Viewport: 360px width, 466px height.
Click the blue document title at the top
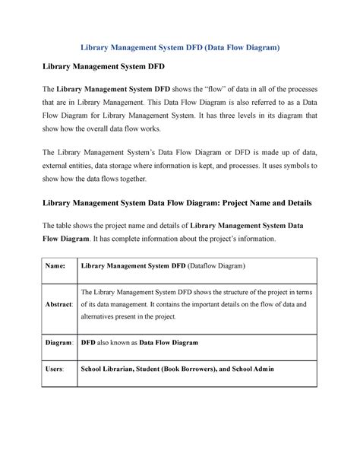click(180, 46)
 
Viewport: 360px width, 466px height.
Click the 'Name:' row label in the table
click(55, 267)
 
